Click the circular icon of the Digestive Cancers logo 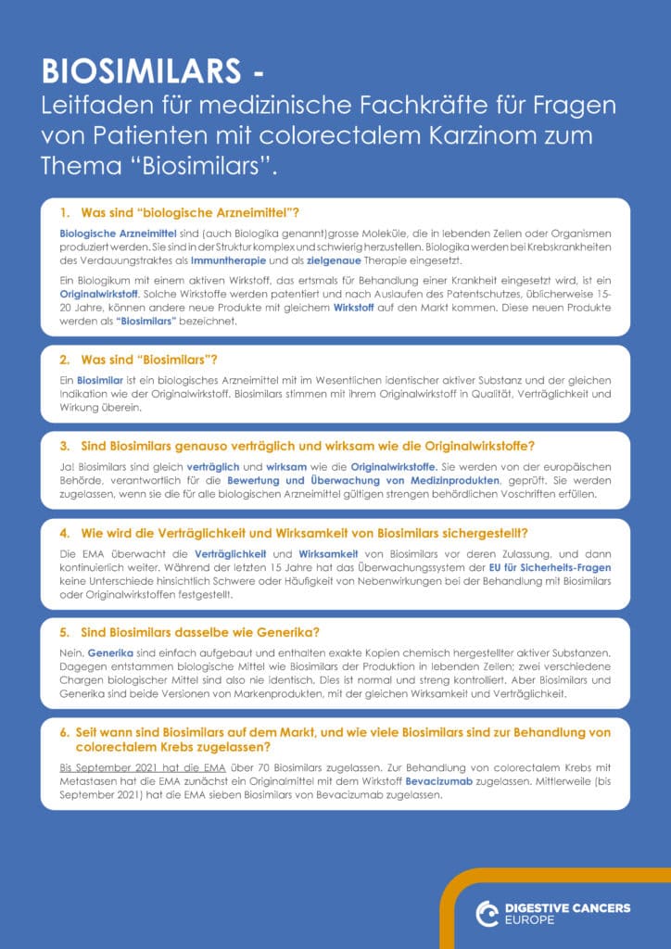487,914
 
